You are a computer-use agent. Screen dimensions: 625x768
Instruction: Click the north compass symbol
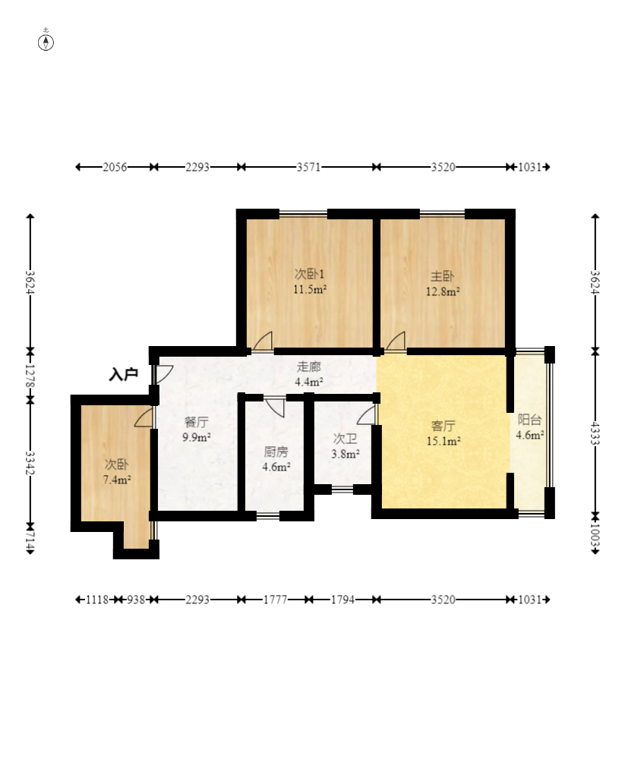[x=46, y=42]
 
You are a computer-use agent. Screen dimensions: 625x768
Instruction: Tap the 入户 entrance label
[x=123, y=375]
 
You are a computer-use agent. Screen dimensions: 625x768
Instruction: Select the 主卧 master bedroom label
[x=442, y=276]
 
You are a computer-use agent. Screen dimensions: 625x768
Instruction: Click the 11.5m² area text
[x=310, y=289]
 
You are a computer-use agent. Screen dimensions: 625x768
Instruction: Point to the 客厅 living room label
[x=443, y=426]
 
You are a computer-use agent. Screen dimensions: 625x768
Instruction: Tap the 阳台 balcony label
[x=529, y=420]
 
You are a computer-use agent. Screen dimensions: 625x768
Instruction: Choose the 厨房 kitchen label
[x=276, y=452]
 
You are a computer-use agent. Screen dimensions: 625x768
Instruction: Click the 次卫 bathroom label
[x=345, y=439]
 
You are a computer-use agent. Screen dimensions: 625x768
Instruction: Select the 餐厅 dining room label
[x=197, y=422]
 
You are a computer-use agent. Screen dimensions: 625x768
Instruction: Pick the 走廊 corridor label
[x=309, y=367]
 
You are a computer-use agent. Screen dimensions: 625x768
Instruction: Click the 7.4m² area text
[x=117, y=480]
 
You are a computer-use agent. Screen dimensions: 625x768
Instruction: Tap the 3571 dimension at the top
[x=308, y=167]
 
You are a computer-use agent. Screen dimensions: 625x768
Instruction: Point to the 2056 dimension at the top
[x=115, y=167]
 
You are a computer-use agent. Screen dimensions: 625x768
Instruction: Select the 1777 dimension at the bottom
[x=275, y=600]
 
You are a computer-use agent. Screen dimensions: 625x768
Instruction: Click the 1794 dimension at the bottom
[x=342, y=600]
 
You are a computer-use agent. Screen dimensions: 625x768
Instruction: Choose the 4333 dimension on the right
[x=595, y=433]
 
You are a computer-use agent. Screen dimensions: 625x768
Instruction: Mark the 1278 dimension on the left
[x=30, y=376]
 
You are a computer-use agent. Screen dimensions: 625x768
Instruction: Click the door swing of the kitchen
[x=276, y=408]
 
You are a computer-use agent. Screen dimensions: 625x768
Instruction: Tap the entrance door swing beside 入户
[x=164, y=374]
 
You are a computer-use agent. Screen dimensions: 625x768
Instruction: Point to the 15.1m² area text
[x=443, y=442]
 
